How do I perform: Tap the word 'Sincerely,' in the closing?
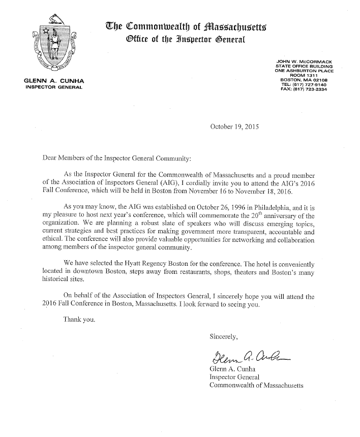224,336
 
